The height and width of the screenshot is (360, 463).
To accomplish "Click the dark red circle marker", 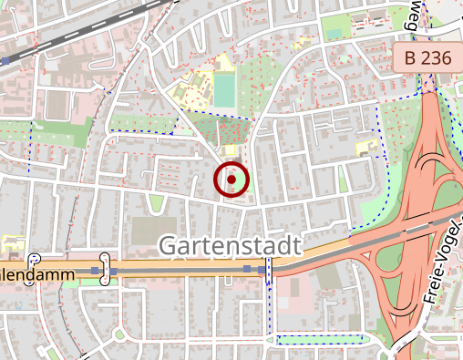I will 231,180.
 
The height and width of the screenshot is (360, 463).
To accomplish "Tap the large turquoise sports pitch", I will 223,89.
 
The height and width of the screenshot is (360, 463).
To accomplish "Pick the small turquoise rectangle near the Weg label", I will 334,34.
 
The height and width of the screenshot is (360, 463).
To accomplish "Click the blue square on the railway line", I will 5,61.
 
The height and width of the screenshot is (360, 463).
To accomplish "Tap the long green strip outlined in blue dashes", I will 319,340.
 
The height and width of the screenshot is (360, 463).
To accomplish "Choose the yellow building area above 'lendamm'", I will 13,245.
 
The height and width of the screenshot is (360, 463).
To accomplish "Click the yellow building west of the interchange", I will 366,147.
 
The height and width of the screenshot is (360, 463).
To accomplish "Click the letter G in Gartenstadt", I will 169,245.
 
